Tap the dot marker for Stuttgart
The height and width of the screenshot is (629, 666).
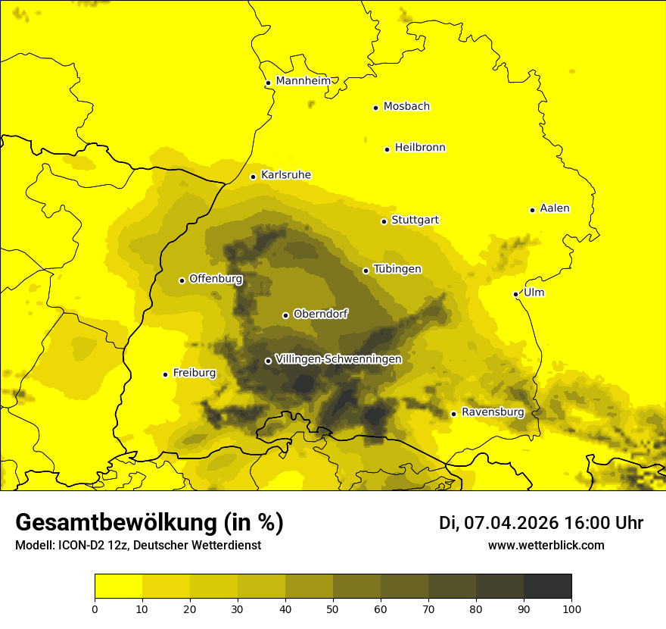coord(384,221)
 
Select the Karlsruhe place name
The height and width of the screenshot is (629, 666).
coord(285,175)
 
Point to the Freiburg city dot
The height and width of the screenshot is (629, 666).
coord(165,374)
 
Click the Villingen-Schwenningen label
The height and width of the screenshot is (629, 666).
coord(338,359)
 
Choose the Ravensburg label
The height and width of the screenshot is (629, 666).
coord(493,412)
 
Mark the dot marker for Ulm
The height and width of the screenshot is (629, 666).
coord(515,294)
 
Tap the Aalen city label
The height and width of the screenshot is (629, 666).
coord(555,208)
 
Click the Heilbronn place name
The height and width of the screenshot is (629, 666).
coord(420,148)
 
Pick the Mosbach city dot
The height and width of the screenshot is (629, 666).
coord(375,108)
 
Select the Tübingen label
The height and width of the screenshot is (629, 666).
coord(397,269)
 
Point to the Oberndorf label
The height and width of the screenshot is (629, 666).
coord(321,314)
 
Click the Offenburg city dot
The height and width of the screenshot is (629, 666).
coord(182,280)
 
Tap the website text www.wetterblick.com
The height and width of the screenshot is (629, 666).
coord(546,545)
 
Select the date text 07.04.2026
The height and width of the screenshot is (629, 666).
coord(511,523)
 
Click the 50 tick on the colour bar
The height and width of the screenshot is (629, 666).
coord(333,608)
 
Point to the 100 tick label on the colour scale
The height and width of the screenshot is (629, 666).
coord(571,608)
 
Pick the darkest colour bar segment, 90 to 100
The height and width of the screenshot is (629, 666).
coord(547,587)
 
